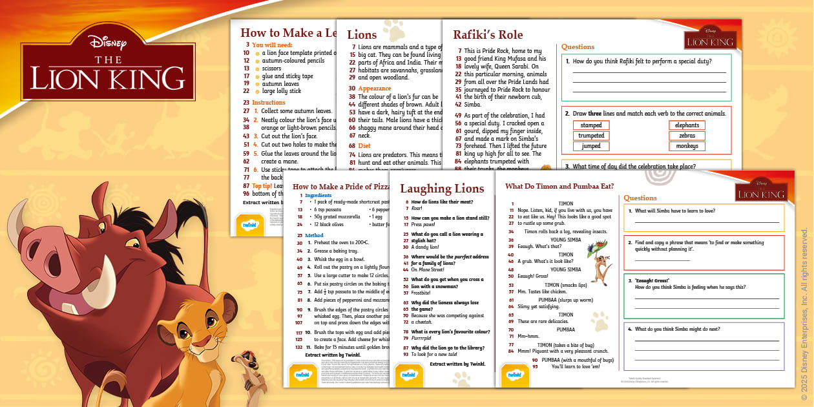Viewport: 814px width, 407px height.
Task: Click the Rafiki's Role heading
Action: coord(488,35)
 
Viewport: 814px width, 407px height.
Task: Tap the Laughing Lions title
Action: coord(442,189)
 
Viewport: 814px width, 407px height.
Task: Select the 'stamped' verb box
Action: coord(591,125)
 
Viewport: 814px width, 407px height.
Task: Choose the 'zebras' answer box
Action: coord(687,136)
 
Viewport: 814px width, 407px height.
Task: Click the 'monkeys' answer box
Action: coord(687,146)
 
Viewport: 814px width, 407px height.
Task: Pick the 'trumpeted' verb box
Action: coord(591,136)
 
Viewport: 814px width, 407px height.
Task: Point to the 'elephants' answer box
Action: coord(687,125)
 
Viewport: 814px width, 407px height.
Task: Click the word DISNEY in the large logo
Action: coord(108,43)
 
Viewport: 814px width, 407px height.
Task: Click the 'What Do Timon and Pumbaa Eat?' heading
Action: coord(559,187)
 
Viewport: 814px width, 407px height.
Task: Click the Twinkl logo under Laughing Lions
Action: coord(426,374)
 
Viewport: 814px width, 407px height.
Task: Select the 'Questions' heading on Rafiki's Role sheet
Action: coord(578,47)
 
